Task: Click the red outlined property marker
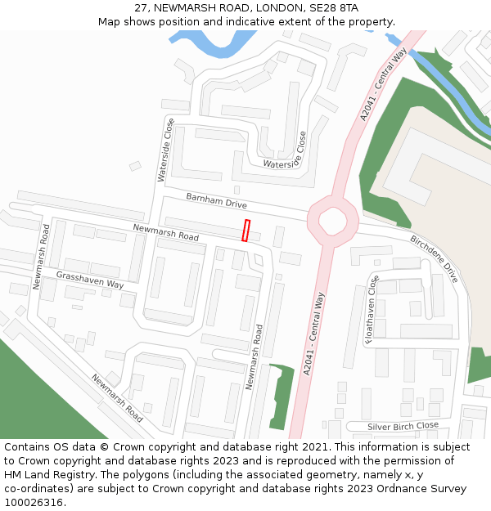(245, 231)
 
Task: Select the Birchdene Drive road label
(435, 260)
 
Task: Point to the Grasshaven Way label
(90, 280)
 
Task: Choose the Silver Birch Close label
(403, 426)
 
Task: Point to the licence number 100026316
(34, 503)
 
